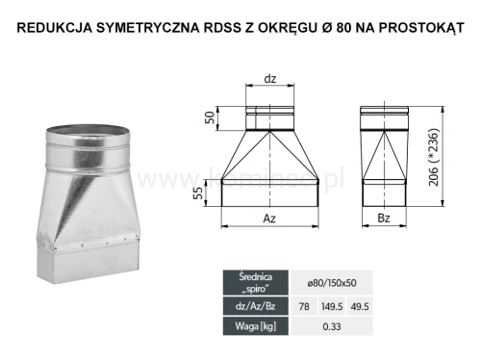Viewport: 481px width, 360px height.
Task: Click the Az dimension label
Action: click(x=270, y=219)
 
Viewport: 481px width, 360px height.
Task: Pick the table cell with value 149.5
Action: click(x=331, y=305)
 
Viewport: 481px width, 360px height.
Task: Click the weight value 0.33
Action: click(x=331, y=326)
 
